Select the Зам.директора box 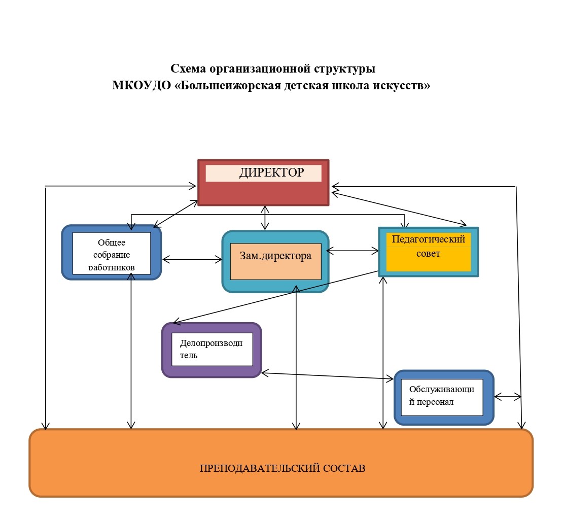[275, 261]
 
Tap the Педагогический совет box [428, 252]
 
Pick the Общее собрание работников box [112, 253]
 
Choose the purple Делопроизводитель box [212, 350]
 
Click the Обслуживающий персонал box [444, 397]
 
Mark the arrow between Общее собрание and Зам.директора [192, 260]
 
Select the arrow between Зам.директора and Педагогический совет [353, 250]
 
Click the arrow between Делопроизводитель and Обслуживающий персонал [327, 376]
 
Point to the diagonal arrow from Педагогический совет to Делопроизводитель [276, 297]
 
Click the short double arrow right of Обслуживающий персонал [508, 397]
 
